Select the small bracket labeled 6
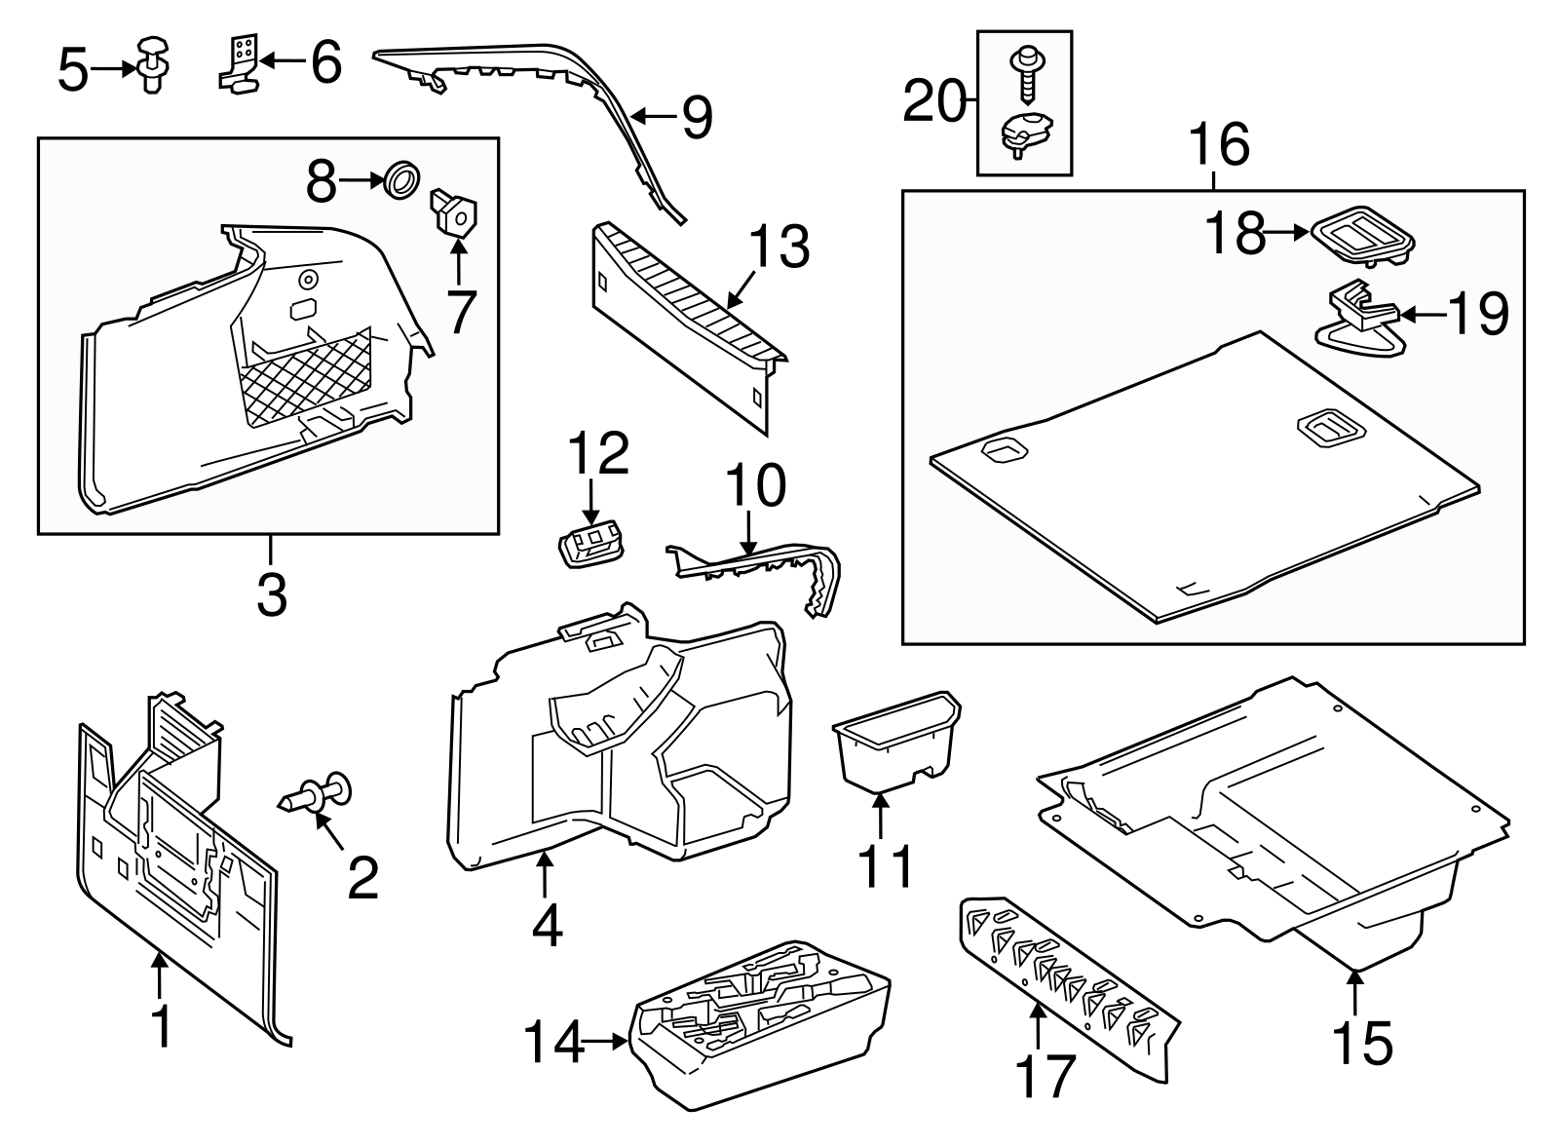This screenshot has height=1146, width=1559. point(240,62)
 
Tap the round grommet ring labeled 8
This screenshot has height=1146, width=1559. point(402,181)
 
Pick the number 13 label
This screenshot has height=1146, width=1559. point(779,248)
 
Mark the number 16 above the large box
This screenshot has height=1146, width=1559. point(1218,146)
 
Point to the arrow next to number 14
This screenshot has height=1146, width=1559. point(606,1043)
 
